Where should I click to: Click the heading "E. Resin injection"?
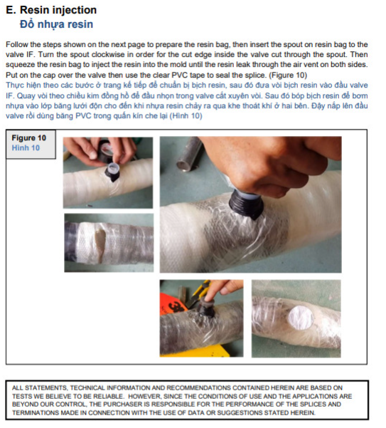pyautogui.click(x=51, y=10)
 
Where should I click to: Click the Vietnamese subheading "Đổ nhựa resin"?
pyautogui.click(x=56, y=24)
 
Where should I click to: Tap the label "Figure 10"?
pyautogui.click(x=29, y=138)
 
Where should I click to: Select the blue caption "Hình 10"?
pyautogui.click(x=26, y=148)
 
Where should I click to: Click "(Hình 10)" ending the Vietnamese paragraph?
pyautogui.click(x=186, y=116)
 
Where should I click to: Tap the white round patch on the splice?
pyautogui.click(x=301, y=318)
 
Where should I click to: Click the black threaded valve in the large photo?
pyautogui.click(x=246, y=204)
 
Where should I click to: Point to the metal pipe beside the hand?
pyautogui.click(x=189, y=155)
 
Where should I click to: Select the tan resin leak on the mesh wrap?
pyautogui.click(x=100, y=245)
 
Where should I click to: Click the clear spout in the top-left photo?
pyautogui.click(x=113, y=168)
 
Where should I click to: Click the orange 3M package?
pyautogui.click(x=171, y=304)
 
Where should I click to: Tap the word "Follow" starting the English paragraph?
pyautogui.click(x=15, y=44)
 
